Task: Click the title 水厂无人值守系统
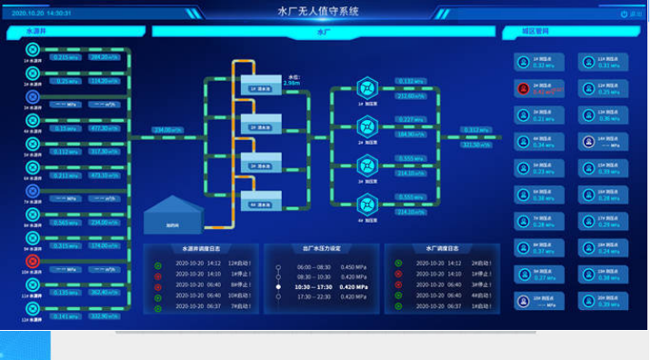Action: pyautogui.click(x=317, y=12)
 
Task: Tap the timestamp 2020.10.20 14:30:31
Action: pyautogui.click(x=43, y=14)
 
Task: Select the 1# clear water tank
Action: pyautogui.click(x=258, y=88)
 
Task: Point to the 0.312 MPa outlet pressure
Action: pyautogui.click(x=477, y=130)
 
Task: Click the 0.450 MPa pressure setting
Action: pyautogui.click(x=354, y=267)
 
